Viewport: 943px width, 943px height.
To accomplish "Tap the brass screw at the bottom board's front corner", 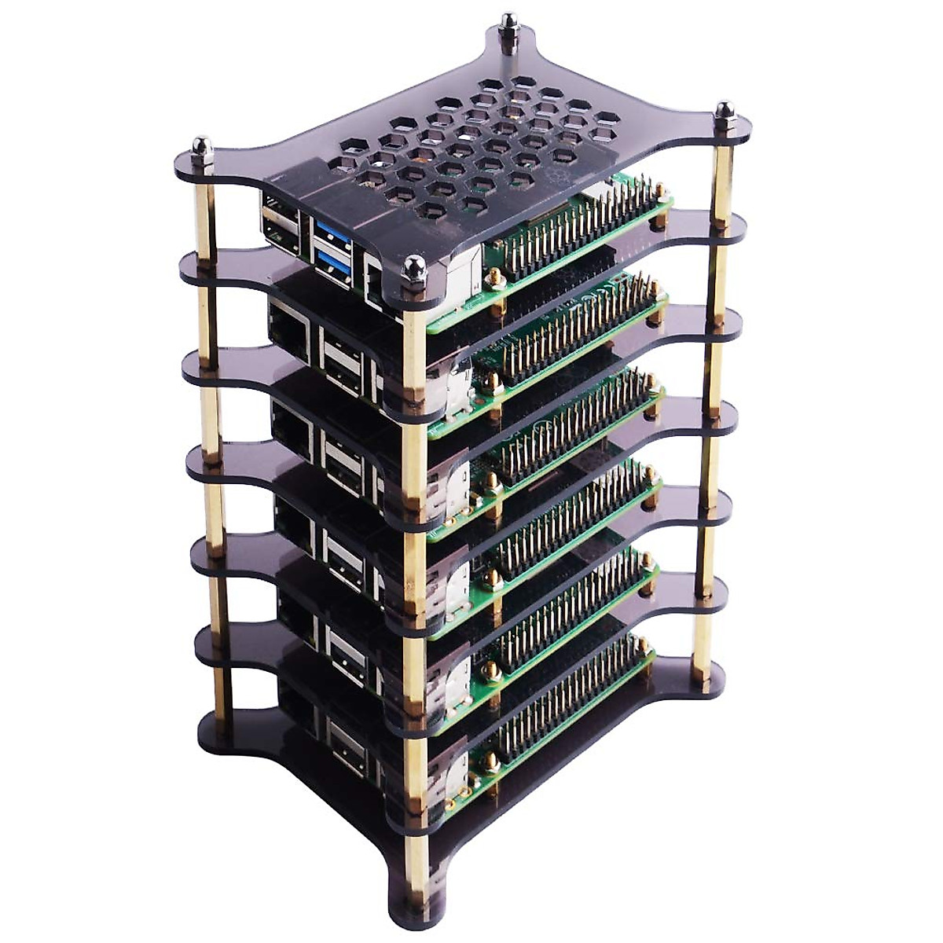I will (492, 761).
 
